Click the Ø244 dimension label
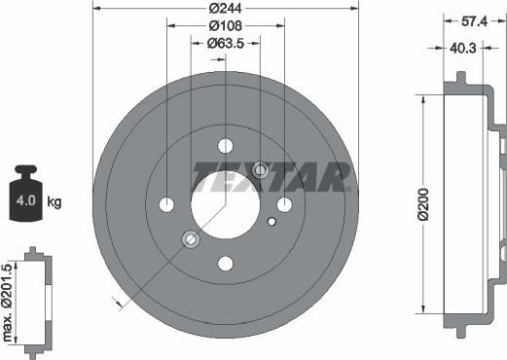(x=225, y=10)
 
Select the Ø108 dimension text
(x=225, y=26)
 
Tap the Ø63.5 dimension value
(x=225, y=43)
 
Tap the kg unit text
(x=54, y=202)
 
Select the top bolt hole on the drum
(x=226, y=145)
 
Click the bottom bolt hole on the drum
(x=226, y=263)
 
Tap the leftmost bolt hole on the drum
(x=166, y=204)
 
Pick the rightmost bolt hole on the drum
(x=284, y=204)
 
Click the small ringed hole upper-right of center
(x=260, y=171)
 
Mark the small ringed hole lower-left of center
(x=191, y=238)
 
